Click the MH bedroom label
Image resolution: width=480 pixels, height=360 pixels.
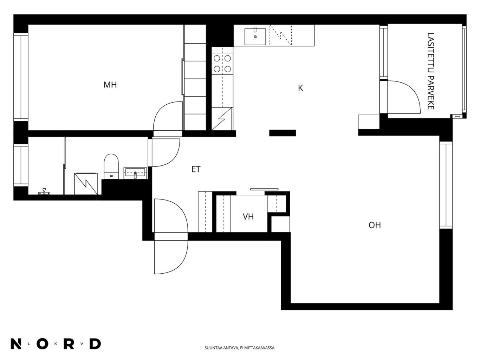110,85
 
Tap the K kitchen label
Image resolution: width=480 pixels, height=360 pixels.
300,88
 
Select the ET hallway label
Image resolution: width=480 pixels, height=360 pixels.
196,169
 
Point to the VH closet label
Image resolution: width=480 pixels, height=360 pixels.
248,217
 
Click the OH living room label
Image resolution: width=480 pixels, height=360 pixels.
375,225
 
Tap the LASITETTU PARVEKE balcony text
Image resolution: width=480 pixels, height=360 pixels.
430,71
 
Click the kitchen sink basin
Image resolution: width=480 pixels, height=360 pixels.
255,37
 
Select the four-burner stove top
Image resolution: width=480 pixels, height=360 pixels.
222,63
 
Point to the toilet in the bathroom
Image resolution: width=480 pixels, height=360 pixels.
111,166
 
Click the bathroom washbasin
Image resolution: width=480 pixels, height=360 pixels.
135,174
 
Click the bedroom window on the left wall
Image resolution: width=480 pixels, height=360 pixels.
21,77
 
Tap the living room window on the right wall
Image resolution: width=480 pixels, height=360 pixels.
446,185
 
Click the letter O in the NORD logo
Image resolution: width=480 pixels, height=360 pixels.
43,344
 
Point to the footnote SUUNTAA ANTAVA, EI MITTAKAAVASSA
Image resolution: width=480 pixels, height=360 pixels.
240,348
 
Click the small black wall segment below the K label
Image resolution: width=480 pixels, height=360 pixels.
283,133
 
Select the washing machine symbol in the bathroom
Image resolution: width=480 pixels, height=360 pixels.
86,184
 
